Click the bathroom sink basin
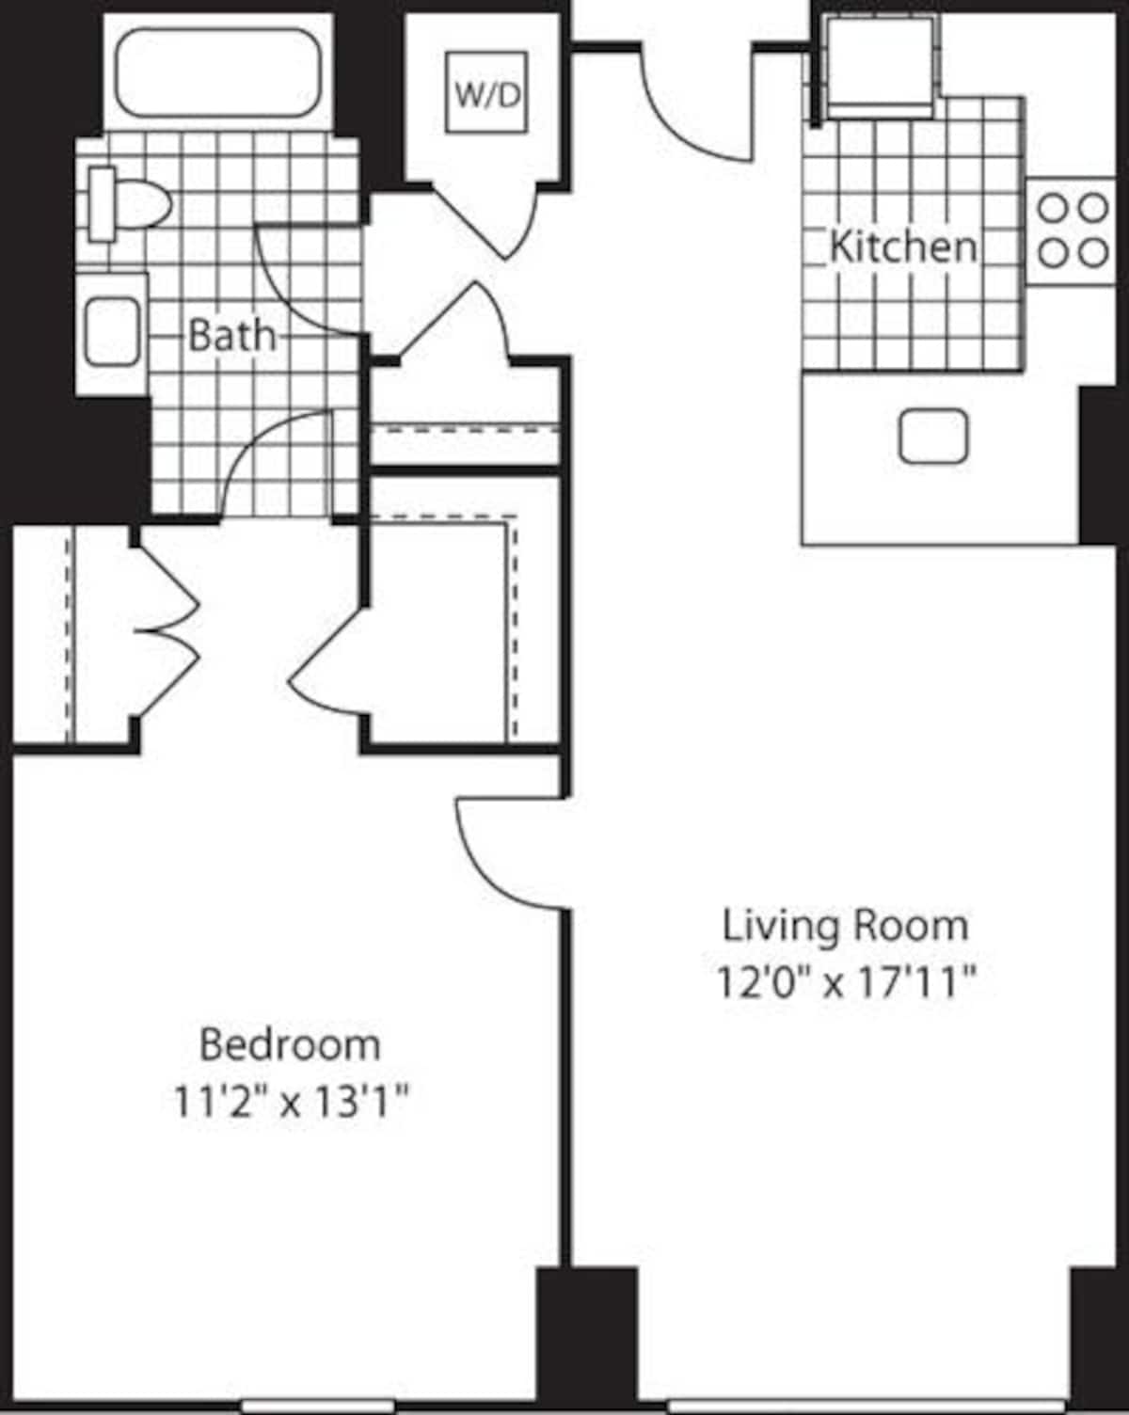pyautogui.click(x=112, y=332)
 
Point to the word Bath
pyautogui.click(x=232, y=335)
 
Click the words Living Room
pyautogui.click(x=845, y=926)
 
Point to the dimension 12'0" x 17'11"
pyautogui.click(x=845, y=984)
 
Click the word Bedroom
pyautogui.click(x=291, y=1044)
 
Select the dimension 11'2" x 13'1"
pyautogui.click(x=291, y=1101)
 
